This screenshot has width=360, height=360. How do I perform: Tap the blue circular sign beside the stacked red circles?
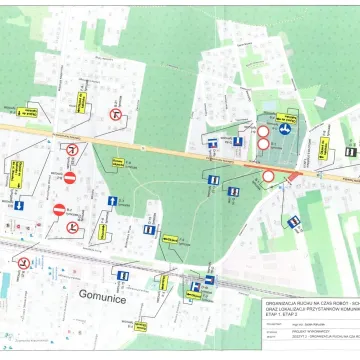[x=284, y=129]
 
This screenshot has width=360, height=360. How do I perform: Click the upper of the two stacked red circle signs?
[x=263, y=130]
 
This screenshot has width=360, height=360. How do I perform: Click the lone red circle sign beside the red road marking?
[x=268, y=176]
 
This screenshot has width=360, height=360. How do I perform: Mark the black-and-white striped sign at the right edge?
[x=350, y=151]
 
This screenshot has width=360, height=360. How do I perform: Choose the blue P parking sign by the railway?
[x=196, y=287]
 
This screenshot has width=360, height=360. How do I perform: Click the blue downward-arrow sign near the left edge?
[x=17, y=206]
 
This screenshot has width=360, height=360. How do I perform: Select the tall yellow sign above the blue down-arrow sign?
[x=17, y=174]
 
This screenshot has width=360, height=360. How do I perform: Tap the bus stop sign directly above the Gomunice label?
[x=123, y=276]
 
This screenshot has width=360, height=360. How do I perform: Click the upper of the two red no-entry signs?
[x=70, y=178]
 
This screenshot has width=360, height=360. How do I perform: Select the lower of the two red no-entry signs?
[x=59, y=210]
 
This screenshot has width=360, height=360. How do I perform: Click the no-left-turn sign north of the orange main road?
[x=116, y=115]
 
